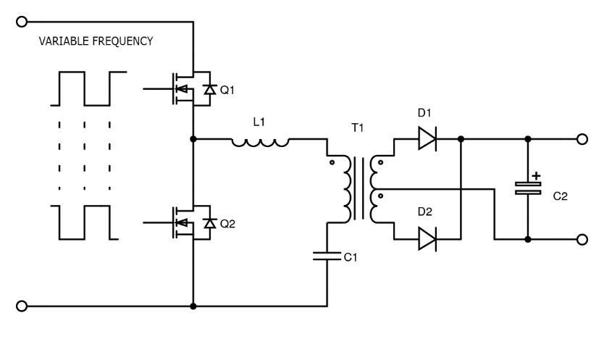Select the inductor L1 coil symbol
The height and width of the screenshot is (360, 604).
coord(261,142)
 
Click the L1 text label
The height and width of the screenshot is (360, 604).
coord(259,123)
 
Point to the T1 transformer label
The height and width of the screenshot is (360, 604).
coord(358,129)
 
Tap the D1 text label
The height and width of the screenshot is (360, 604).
coord(424,114)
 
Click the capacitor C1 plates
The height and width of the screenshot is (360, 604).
coord(327,254)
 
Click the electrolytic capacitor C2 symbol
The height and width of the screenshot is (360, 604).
coord(528,189)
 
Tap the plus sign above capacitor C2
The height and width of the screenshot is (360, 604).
coord(537,175)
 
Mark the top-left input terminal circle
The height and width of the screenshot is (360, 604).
coord(22,22)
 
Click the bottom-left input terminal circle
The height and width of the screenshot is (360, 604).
coord(22,306)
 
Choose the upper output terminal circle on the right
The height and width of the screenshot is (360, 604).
coord(580,139)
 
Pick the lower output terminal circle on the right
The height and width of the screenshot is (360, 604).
coord(580,240)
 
